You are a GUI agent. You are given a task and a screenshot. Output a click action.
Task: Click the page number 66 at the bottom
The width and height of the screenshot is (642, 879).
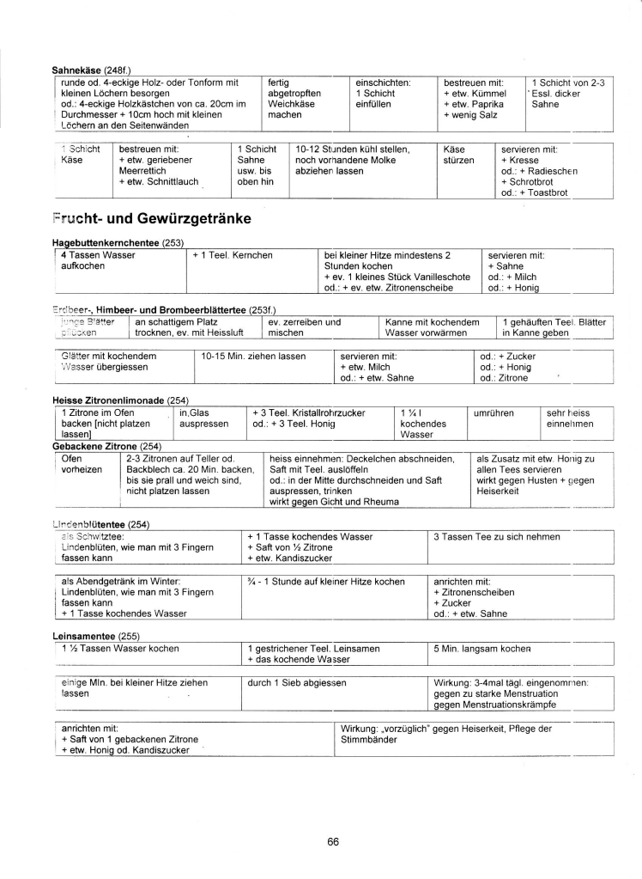[x=333, y=841]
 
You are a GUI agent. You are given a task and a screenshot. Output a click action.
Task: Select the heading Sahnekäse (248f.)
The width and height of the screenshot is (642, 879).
[x=92, y=70]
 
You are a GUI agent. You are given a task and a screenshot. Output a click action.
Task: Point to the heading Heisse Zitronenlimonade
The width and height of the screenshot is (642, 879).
[x=120, y=400]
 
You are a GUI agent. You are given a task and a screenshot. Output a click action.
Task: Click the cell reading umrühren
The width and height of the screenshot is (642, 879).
[x=494, y=412]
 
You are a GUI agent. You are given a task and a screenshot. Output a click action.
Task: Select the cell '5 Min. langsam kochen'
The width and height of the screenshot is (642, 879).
[x=481, y=648]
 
